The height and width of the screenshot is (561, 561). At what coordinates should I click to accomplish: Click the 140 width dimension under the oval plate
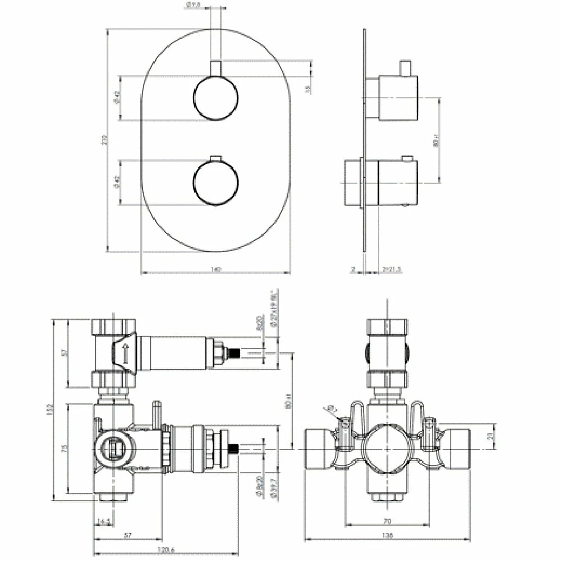[x=215, y=269]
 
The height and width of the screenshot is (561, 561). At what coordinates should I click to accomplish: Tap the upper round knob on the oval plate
[x=215, y=98]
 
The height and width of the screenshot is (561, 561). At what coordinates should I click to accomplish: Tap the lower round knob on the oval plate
[x=215, y=182]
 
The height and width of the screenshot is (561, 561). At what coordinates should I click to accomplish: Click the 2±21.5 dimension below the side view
[x=391, y=269]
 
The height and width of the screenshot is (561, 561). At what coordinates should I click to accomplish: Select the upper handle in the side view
[x=397, y=98]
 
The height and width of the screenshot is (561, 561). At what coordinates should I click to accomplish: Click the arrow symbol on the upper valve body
[x=125, y=352]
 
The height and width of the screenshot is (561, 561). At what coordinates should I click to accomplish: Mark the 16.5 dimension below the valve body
[x=104, y=522]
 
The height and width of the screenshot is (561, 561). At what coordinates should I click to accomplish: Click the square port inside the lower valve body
[x=115, y=449]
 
